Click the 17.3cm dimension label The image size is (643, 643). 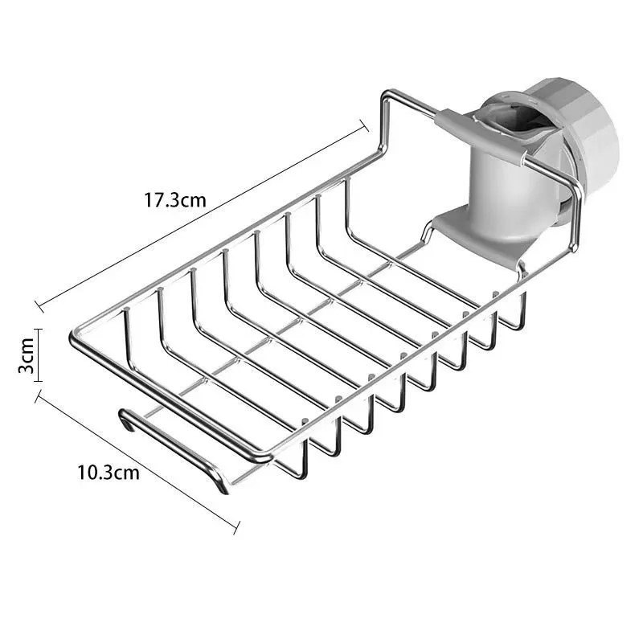coord(174,200)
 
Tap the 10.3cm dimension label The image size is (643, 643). coord(109,473)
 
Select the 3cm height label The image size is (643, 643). coord(27,355)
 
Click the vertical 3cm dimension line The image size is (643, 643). coord(38,355)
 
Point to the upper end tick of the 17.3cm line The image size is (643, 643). coord(364,125)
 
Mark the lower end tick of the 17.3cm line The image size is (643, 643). coord(39,306)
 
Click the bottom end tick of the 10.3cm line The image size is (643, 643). coord(236,527)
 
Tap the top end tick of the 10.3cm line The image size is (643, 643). coord(39,395)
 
